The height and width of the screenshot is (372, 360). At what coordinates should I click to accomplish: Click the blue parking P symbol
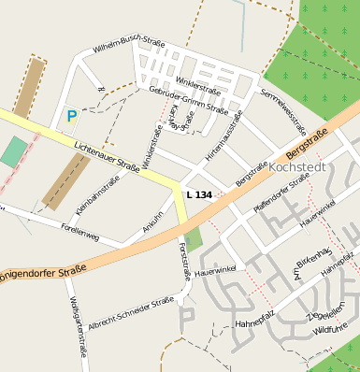coord(72,117)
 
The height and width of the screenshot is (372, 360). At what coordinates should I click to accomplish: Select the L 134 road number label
coord(199,194)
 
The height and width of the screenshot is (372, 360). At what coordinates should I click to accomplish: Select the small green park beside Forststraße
coord(194,239)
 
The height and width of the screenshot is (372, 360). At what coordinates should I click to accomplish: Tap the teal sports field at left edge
coord(13,151)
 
